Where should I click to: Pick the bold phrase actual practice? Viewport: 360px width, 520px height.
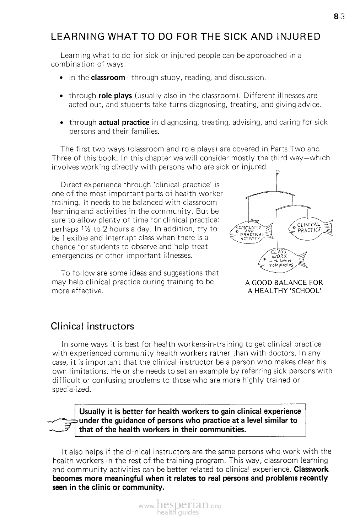(x=124, y=122)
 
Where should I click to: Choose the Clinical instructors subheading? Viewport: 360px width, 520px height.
(x=92, y=326)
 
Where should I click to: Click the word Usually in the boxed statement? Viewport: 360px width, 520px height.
(x=92, y=412)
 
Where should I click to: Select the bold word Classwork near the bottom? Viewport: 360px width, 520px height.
(x=311, y=469)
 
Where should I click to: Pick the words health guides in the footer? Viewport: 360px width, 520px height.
(x=179, y=513)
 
